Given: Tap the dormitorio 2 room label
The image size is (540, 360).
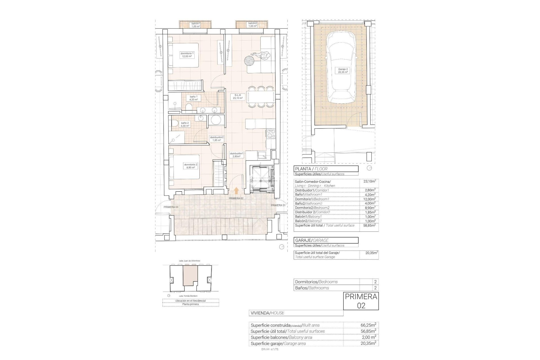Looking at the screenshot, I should point(191,166).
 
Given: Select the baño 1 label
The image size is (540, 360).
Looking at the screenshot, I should point(193,98).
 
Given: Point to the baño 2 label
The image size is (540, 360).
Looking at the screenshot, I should point(185,124).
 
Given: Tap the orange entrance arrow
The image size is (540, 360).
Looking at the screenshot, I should point(236,191).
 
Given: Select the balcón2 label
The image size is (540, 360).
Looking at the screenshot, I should point(253,25).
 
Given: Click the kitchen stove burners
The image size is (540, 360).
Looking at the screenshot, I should point(270,134).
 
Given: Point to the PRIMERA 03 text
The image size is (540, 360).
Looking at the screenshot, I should point(171,207).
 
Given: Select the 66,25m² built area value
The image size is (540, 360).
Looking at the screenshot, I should point(368,325).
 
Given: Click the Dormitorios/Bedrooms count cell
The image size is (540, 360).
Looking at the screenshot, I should point(375,282).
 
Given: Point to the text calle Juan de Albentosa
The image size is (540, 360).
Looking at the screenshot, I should point(189,261).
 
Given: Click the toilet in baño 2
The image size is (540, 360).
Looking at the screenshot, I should point(174,123).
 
